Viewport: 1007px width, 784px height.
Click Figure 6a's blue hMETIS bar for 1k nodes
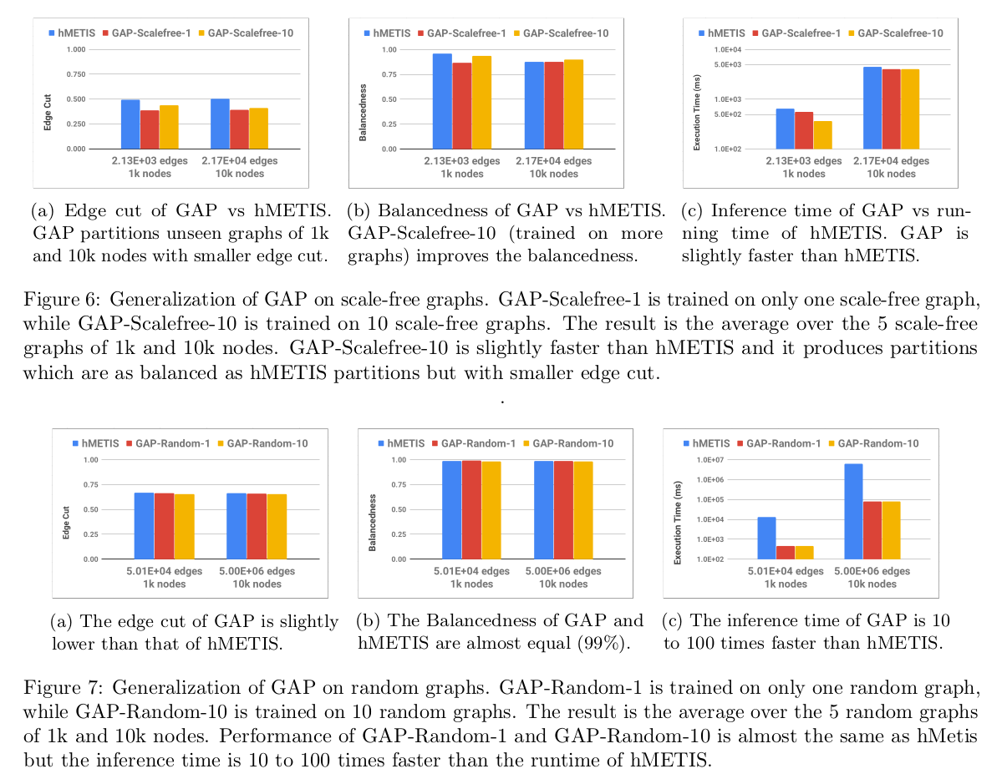[130, 124]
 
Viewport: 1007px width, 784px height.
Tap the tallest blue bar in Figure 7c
[853, 511]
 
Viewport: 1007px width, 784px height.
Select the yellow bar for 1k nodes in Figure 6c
[822, 134]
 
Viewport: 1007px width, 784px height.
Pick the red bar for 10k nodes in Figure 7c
[873, 529]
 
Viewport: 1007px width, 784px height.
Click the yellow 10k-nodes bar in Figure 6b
[573, 104]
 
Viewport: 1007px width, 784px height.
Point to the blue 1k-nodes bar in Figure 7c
[766, 538]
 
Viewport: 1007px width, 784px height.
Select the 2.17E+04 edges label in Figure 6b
[560, 161]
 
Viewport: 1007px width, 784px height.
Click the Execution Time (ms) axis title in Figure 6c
[697, 112]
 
